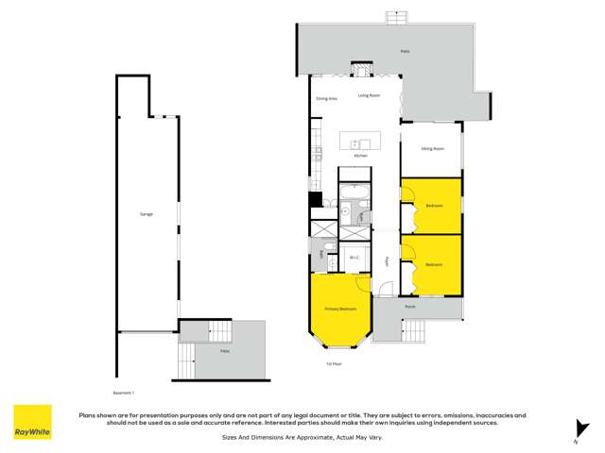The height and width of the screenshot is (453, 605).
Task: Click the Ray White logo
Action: tap(32, 423)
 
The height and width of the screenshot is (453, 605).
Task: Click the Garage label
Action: tap(147, 214)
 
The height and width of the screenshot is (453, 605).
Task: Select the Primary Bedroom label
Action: tap(340, 309)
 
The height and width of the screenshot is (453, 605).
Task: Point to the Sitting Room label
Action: tap(433, 149)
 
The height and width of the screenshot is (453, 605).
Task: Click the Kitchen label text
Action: tap(360, 156)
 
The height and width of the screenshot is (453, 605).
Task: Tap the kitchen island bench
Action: tap(359, 140)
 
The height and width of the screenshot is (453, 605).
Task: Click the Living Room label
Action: tap(369, 95)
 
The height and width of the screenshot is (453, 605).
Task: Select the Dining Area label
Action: tap(327, 98)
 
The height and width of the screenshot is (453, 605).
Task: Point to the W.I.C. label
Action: tap(354, 257)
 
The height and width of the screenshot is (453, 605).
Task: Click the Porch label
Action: tap(410, 307)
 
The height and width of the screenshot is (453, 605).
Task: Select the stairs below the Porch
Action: tap(413, 330)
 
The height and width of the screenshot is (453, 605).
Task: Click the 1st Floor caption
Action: tap(334, 363)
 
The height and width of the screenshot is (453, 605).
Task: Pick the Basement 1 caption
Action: tap(124, 392)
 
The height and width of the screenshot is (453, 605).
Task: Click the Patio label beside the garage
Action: tap(225, 351)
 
